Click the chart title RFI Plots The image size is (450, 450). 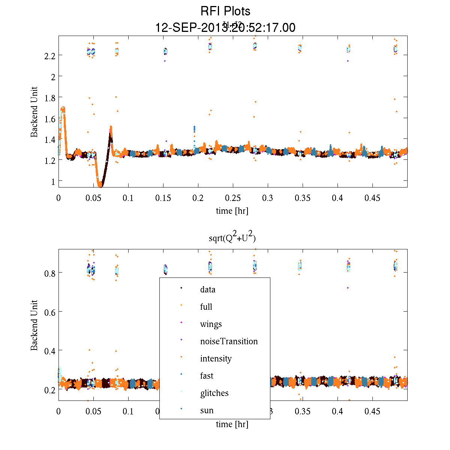[225, 11]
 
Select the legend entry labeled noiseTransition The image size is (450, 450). [229, 341]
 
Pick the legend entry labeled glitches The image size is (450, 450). [214, 393]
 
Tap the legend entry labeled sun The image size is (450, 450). [207, 410]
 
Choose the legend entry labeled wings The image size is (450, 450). [211, 324]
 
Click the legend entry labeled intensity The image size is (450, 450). [216, 358]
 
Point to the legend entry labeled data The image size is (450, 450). [208, 289]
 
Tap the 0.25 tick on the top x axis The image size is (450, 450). [233, 198]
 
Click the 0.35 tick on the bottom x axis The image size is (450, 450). [303, 411]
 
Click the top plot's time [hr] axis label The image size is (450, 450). [232, 211]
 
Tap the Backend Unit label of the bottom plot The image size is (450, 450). [34, 325]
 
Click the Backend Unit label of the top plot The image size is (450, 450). [34, 112]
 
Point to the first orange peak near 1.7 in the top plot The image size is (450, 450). [63, 109]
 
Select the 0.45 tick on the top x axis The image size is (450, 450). [372, 198]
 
